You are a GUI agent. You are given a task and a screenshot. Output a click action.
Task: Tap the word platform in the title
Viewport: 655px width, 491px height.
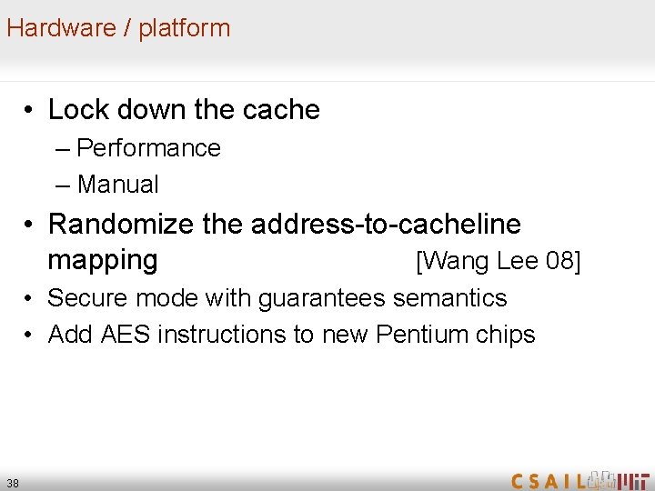coord(185,28)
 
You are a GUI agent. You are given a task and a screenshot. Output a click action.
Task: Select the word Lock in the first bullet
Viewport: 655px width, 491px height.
coord(74,110)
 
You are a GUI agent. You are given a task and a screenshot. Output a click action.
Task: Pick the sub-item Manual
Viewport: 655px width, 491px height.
coord(118,185)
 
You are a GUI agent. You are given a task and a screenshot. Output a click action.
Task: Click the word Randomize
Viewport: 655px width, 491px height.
coord(121,224)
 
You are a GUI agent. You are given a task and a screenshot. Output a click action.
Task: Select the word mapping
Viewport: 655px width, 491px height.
coord(103,260)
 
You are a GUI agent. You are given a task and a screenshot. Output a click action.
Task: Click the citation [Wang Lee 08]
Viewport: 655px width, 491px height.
coord(497,262)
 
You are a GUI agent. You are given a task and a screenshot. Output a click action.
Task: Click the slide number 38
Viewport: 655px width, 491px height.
coord(13,482)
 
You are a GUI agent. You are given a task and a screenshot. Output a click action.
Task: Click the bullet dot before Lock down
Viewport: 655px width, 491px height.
coord(30,111)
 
